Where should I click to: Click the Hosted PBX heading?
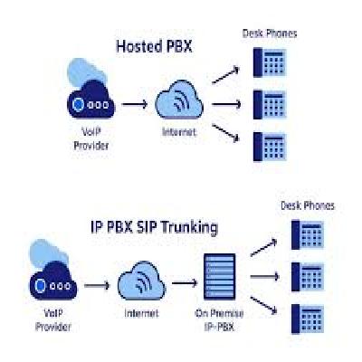coord(154,47)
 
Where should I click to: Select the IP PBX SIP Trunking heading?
coord(154,227)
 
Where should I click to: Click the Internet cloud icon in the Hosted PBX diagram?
coord(179,100)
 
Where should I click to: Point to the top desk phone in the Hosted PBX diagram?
coord(270,62)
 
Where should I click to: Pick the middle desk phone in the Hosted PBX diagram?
coord(270,104)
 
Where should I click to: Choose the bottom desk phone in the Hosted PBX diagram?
coord(270,147)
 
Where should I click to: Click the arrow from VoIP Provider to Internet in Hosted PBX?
coord(135,104)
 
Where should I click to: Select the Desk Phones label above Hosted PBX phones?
coord(270,33)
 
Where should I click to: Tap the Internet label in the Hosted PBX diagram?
coord(179,132)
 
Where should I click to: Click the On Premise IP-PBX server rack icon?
coord(219,277)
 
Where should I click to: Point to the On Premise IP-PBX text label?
coord(219,320)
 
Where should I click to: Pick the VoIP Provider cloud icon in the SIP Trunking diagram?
coord(53,270)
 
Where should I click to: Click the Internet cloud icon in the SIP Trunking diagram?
coord(141,281)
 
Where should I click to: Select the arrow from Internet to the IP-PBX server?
coord(185,283)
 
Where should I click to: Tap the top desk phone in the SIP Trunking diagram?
coord(308,235)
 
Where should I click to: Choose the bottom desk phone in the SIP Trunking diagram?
coord(308,319)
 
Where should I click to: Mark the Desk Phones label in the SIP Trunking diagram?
coord(308,205)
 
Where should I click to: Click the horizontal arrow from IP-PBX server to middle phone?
coord(264,276)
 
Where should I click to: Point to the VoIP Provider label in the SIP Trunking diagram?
coord(53,320)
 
